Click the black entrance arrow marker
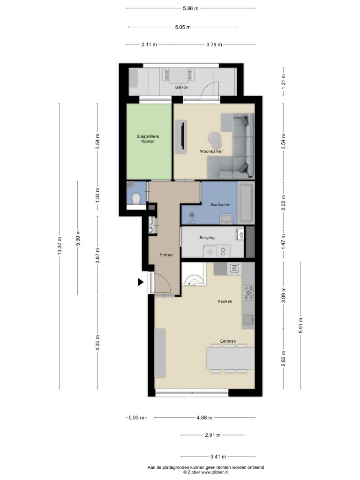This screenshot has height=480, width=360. click(x=141, y=282)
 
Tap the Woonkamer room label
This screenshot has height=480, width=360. click(x=211, y=151)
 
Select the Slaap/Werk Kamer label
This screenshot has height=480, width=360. click(x=148, y=139)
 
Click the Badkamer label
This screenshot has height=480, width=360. click(x=221, y=204)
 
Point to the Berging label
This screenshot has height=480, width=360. click(x=207, y=238)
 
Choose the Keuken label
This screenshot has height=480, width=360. click(x=225, y=301)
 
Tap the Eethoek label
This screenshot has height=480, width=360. click(x=228, y=341)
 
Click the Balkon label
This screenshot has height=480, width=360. click(x=181, y=87)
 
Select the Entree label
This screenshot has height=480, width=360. click(x=166, y=255)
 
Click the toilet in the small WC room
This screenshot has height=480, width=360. click(x=135, y=199)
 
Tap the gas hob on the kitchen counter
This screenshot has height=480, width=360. click(x=248, y=292)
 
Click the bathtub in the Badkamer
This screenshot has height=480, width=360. click(x=246, y=202)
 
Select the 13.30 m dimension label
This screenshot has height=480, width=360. click(x=60, y=246)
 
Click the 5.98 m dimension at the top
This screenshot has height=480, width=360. click(x=191, y=8)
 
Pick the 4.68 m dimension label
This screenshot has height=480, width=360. click(x=204, y=417)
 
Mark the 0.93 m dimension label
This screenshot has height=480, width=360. click(x=136, y=417)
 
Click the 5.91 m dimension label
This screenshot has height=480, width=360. click(x=300, y=325)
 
